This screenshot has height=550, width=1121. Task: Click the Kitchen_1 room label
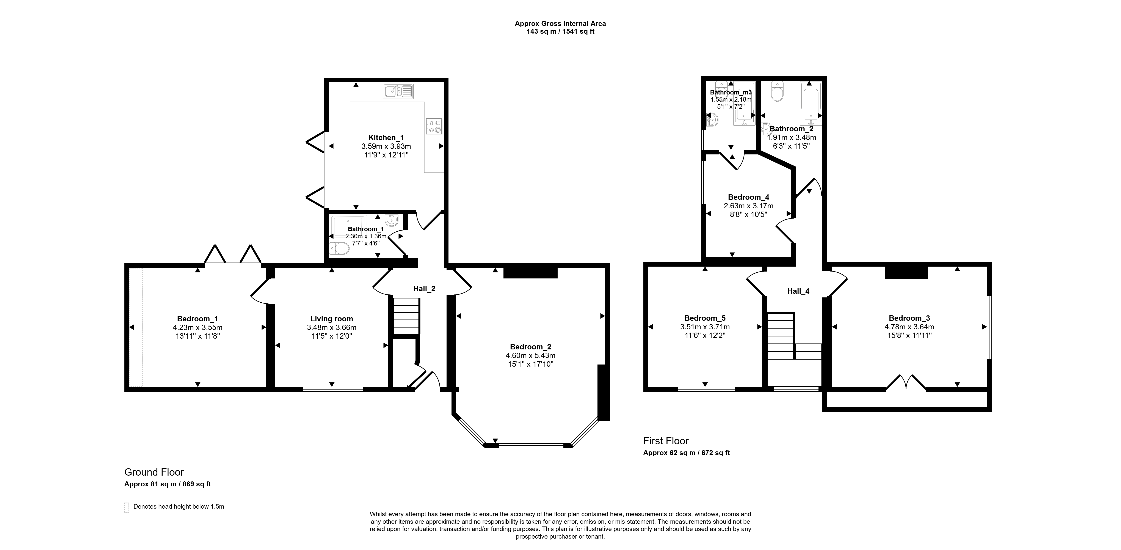coord(386,138)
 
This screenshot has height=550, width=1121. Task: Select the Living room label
coord(332,319)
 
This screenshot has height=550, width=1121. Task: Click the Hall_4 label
coord(798,291)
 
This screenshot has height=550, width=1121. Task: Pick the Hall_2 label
coord(424,289)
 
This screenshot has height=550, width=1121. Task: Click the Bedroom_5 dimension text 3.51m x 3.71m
coord(705,327)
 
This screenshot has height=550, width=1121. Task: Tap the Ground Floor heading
coord(154,472)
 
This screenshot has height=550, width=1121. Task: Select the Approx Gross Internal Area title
coord(560,24)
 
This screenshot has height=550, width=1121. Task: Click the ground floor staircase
coord(406,316)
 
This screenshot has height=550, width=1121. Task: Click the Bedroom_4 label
coord(748,197)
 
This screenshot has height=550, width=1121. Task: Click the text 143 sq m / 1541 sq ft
coord(561,31)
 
